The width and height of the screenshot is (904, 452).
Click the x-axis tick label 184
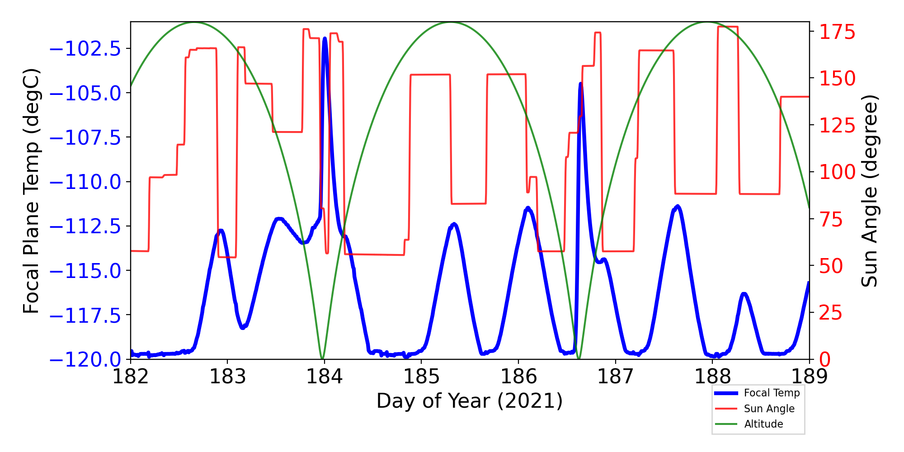(324, 376)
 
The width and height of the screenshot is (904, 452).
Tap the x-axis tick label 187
(615, 376)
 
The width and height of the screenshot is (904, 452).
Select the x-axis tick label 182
(130, 376)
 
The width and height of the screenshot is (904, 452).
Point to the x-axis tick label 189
(809, 376)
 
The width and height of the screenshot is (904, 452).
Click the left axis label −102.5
(85, 49)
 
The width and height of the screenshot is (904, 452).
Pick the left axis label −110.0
(85, 182)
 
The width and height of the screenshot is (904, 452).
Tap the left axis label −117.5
(85, 315)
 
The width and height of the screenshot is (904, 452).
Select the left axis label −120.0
(85, 360)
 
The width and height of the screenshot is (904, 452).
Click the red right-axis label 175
(838, 33)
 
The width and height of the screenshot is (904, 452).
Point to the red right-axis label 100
(838, 172)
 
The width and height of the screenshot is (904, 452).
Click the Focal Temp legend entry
(772, 393)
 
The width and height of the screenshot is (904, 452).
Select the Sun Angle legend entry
(769, 409)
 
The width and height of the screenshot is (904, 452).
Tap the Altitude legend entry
(763, 424)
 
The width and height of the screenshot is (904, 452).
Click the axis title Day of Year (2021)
(470, 401)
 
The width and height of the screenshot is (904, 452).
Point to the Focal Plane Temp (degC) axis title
(32, 191)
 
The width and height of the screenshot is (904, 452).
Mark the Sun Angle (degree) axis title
(869, 191)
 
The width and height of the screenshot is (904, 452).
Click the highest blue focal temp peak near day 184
(325, 39)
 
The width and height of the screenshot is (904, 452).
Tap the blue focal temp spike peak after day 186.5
(580, 84)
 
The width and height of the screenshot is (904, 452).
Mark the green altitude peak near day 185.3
(451, 22)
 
